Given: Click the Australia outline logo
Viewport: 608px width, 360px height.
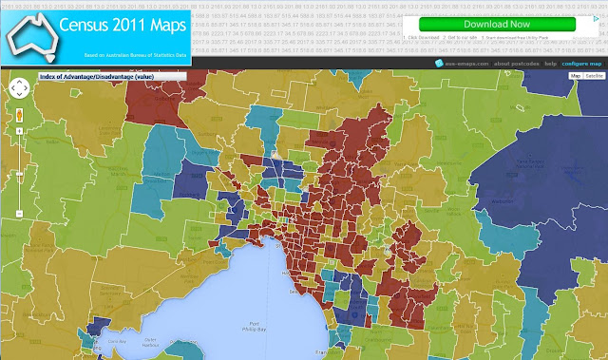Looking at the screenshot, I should click(28, 32).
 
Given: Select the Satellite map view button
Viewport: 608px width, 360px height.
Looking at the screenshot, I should click(594, 75).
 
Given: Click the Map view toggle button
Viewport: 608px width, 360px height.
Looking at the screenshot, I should click(574, 75).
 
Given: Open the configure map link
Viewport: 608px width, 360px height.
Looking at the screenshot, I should click(581, 64).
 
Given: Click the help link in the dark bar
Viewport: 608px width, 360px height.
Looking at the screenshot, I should click(550, 64).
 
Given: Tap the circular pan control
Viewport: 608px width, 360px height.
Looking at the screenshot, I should click(19, 88).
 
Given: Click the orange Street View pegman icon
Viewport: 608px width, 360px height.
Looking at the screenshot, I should click(19, 115).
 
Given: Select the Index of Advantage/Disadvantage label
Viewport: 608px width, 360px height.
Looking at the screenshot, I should click(91, 75).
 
